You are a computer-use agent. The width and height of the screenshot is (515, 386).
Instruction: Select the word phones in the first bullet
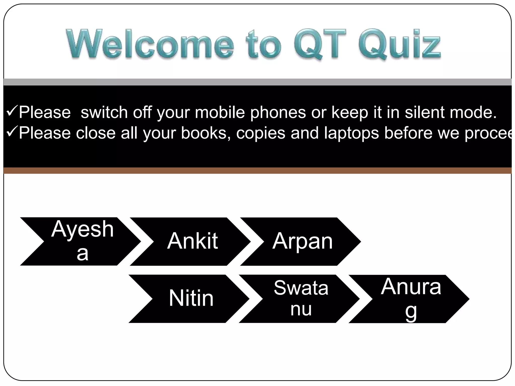(278, 113)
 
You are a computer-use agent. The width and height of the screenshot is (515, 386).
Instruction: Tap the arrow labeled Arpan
(302, 241)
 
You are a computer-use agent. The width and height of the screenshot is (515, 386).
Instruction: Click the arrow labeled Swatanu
(301, 299)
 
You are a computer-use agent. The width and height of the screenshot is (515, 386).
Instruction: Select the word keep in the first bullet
(350, 113)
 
